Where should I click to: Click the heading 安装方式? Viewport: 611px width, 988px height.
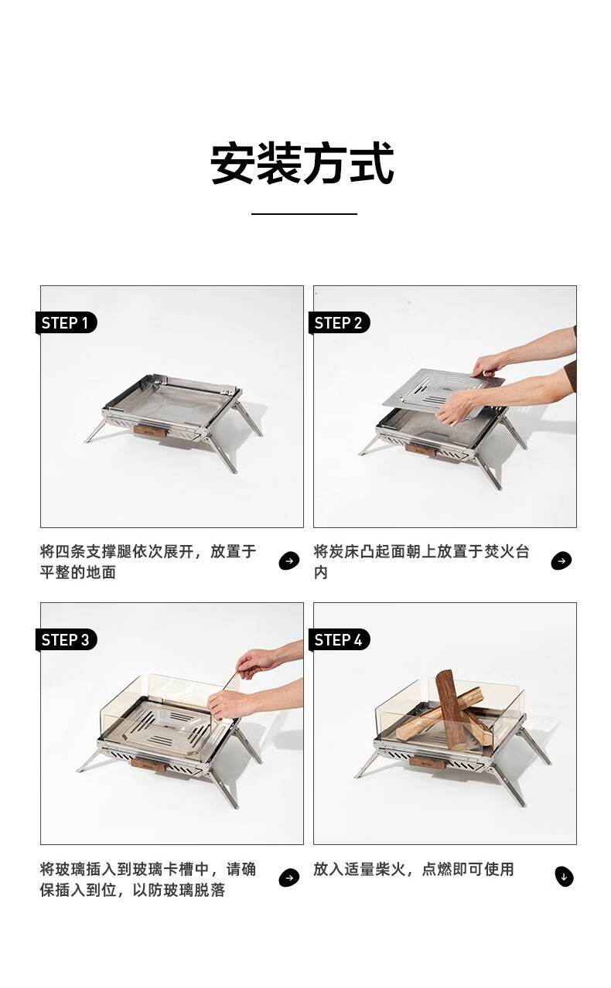tap(302, 163)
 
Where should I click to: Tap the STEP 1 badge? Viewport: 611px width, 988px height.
tap(66, 323)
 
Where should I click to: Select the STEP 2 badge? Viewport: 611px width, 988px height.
tap(339, 323)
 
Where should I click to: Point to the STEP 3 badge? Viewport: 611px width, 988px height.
tap(66, 639)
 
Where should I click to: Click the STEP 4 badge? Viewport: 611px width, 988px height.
tap(339, 639)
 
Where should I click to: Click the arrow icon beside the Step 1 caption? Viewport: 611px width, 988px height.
tap(289, 561)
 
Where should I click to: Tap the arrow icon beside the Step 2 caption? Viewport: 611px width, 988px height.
tap(562, 561)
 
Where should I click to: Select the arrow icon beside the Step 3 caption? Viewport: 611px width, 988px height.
tap(289, 877)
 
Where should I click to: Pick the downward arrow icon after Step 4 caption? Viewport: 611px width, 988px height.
tap(564, 877)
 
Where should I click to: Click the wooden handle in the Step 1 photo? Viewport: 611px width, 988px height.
tap(150, 431)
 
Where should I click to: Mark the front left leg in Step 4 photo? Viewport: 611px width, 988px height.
tap(367, 765)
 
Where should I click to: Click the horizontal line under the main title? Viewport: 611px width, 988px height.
tap(304, 214)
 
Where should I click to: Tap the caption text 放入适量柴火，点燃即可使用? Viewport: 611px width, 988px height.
tap(414, 870)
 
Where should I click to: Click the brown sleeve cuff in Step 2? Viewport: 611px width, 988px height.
tap(570, 376)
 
